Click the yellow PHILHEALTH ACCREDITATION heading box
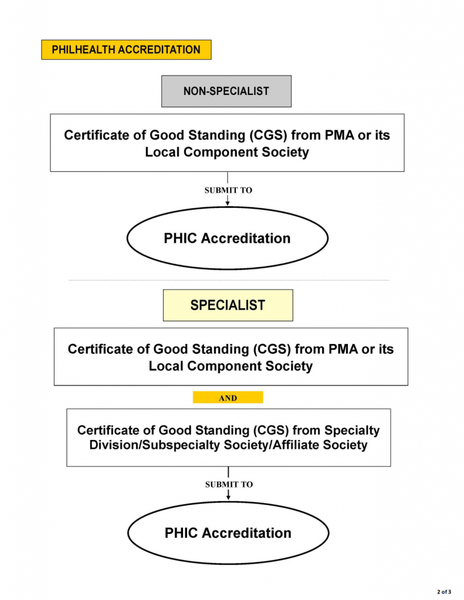[x=126, y=50]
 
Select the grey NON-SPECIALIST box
[x=226, y=91]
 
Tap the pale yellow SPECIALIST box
[x=228, y=305]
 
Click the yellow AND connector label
[x=228, y=398]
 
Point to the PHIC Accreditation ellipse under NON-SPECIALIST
[x=228, y=238]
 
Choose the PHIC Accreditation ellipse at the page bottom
[x=228, y=533]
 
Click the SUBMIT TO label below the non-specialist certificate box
[x=228, y=190]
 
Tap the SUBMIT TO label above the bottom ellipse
[x=229, y=485]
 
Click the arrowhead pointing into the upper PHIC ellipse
[x=228, y=203]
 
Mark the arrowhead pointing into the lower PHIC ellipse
[x=228, y=497]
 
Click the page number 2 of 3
[x=444, y=592]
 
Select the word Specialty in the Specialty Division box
[x=352, y=431]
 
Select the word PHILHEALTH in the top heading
[x=83, y=50]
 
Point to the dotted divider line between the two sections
[x=229, y=280]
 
